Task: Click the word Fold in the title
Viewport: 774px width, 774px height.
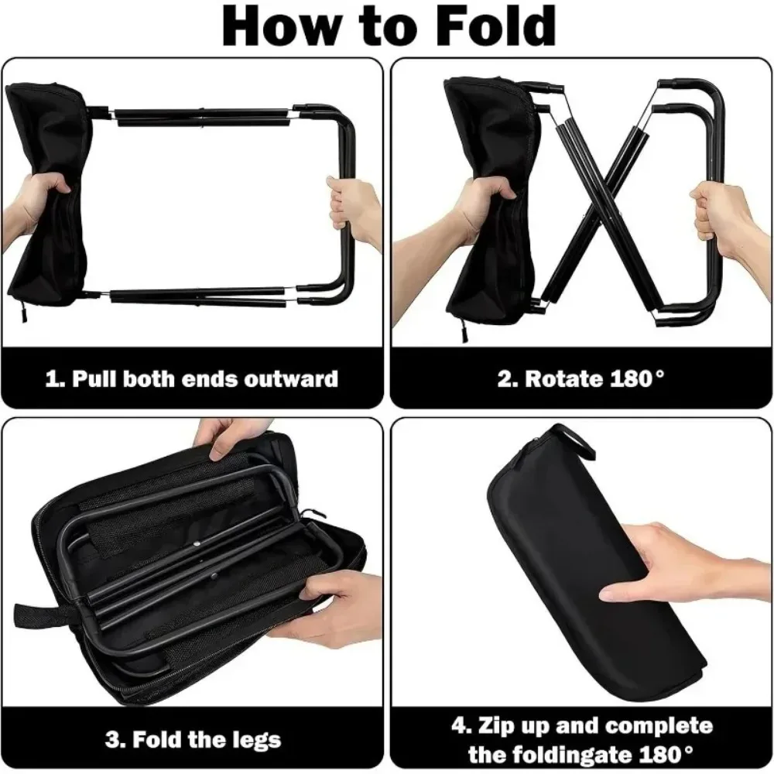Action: point(497,26)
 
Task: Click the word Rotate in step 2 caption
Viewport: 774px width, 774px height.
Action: point(564,379)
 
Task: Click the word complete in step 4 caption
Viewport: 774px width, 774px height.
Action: point(659,727)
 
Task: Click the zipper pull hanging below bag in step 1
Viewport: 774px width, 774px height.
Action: point(23,312)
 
